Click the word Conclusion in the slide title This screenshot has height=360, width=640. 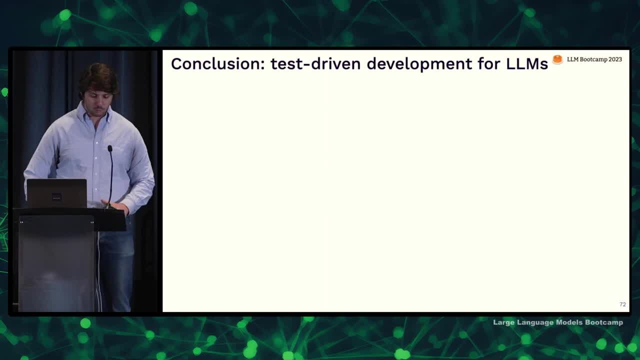tap(218, 63)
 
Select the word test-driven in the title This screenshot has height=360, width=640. tap(315, 63)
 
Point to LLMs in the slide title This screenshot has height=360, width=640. tap(527, 63)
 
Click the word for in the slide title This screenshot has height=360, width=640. tap(489, 63)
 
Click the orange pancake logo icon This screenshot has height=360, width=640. tap(557, 59)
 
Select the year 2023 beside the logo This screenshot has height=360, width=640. tap(615, 59)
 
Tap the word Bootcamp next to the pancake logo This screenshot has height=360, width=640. tap(593, 59)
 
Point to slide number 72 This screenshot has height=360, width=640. tap(622, 304)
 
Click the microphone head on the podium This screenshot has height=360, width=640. tap(110, 148)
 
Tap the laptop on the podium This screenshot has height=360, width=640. tap(57, 193)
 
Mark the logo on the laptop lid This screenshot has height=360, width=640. tap(56, 196)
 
